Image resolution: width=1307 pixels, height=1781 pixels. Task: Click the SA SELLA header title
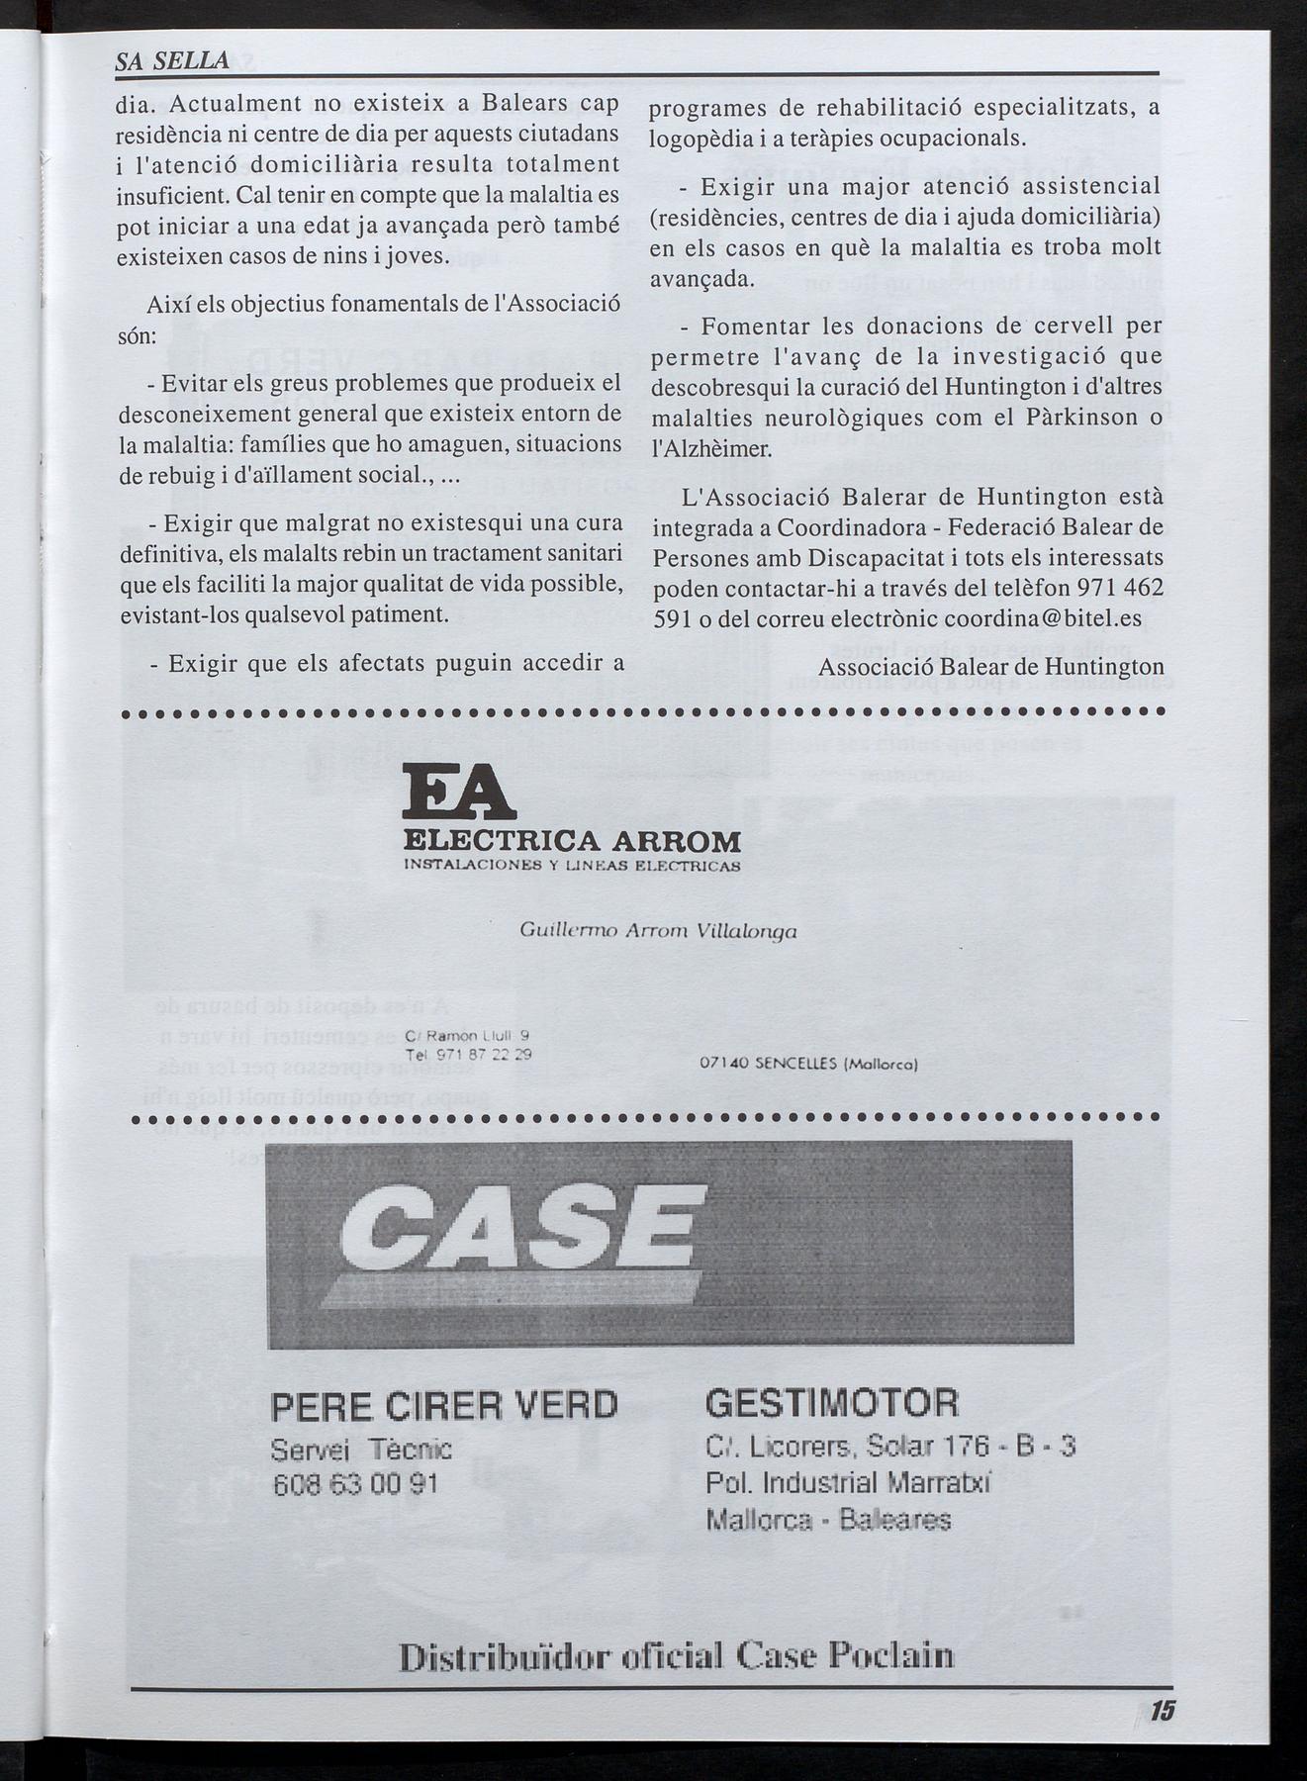coord(173,60)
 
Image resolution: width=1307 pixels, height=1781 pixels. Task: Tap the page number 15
coord(1162,1712)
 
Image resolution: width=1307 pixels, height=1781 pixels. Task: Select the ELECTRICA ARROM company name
coord(573,842)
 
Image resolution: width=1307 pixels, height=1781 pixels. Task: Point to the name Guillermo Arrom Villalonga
coord(658,931)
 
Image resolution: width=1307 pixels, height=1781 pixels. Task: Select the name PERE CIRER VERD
coord(444,1405)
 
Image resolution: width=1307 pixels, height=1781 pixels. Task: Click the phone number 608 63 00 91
coord(354,1484)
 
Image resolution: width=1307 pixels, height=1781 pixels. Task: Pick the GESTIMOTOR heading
coord(832,1402)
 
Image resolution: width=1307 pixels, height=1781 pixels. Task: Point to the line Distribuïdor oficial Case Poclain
coord(676,1656)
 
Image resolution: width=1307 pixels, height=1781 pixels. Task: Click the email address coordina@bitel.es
coord(1042,618)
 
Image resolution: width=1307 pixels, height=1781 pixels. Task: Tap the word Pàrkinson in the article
coord(1064,417)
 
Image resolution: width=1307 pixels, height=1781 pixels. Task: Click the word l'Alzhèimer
coord(709,448)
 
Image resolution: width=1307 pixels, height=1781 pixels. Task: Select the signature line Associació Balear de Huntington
coord(991,666)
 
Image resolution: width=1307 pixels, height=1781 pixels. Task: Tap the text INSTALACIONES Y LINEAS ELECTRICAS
coord(573,866)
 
